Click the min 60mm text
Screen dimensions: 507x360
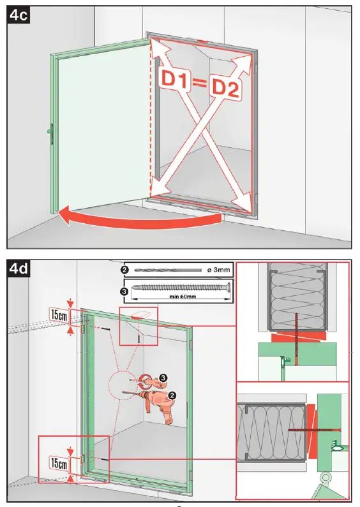[181, 295]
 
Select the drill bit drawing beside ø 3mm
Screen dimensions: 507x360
[167, 270]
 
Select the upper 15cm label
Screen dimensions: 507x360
[59, 314]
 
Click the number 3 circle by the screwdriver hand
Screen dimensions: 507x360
[163, 378]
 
